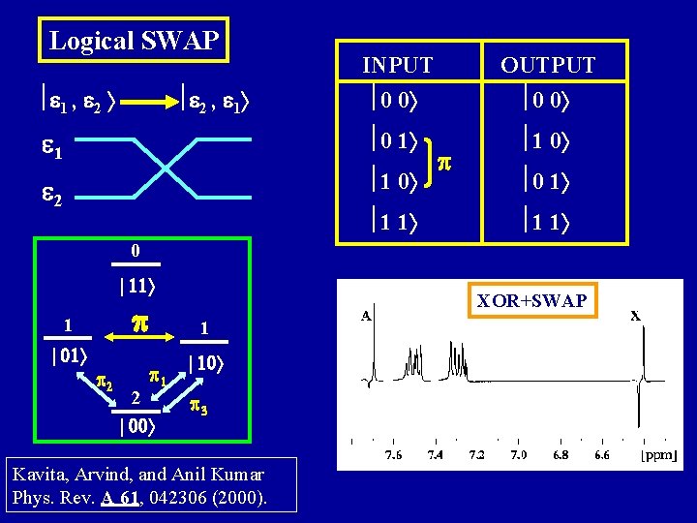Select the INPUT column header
[397, 66]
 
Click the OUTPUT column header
[548, 66]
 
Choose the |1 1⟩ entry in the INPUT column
[396, 222]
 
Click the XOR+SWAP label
[531, 301]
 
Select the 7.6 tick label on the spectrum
[393, 454]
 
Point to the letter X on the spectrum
[635, 315]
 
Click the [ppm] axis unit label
[658, 455]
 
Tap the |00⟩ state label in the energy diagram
[136, 425]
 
